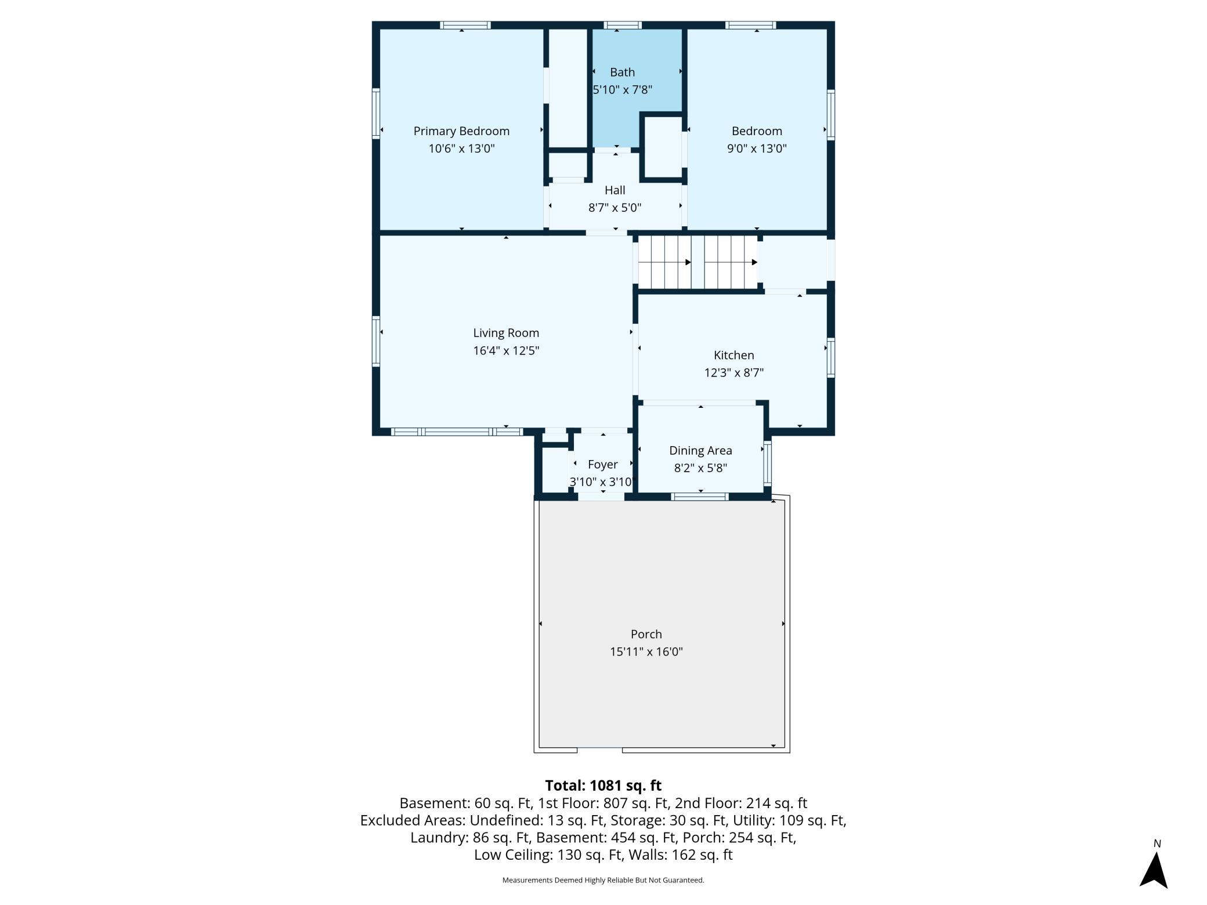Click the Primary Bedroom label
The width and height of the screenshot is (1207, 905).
coord(461,131)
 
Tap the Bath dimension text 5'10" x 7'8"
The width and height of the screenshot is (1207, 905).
coord(622,90)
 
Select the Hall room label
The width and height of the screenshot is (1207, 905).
coord(615,190)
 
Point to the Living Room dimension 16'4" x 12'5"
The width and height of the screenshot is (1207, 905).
coord(506,350)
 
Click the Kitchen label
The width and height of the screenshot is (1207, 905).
coord(733,355)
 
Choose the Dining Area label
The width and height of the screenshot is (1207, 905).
coord(700,451)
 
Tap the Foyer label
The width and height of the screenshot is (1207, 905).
coord(602,465)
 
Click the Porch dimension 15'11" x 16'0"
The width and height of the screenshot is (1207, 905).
coord(646,651)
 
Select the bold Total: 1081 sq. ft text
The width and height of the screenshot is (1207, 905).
coord(603,785)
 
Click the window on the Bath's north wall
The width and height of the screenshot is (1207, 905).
coord(623,25)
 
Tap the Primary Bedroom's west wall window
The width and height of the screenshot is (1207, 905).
coord(375,114)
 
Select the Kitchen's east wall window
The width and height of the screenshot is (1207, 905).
coord(831,358)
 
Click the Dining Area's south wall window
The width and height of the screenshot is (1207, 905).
coord(700,497)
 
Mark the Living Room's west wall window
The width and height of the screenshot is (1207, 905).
coord(375,342)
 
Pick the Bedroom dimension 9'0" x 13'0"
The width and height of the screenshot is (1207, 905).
coord(757,149)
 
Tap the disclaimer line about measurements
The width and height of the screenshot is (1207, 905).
coord(603,880)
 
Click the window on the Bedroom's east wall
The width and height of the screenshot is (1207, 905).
coord(831,115)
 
